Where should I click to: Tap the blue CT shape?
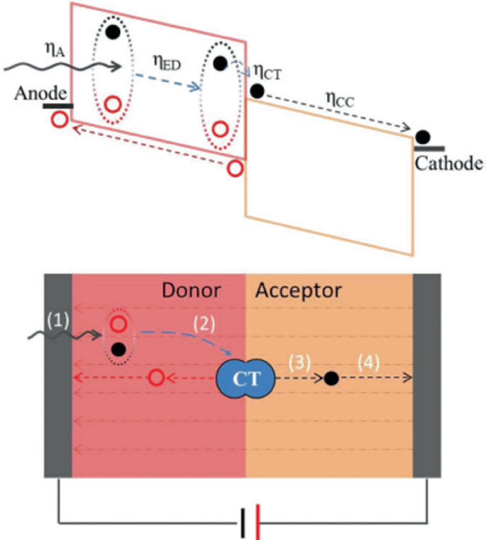[x=246, y=379]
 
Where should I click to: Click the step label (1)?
[x=60, y=320]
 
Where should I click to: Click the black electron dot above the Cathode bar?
[x=423, y=137]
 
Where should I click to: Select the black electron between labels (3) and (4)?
[x=331, y=378]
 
